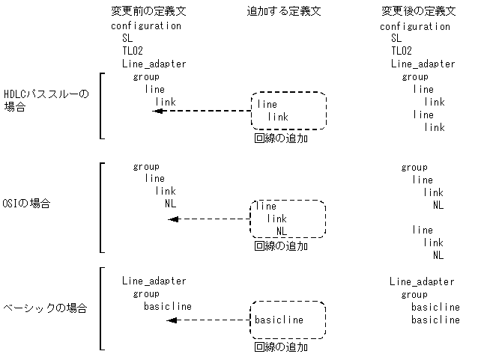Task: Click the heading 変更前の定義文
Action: click(143, 12)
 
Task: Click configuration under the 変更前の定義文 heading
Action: click(146, 25)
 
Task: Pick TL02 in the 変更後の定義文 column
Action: click(402, 51)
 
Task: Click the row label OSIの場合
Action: click(27, 204)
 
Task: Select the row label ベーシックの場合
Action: click(44, 308)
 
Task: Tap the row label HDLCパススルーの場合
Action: click(46, 100)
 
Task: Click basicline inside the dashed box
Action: click(279, 320)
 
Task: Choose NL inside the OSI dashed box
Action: click(282, 231)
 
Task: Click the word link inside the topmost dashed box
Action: click(278, 118)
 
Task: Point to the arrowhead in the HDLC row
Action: click(157, 111)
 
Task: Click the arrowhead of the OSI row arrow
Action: click(173, 219)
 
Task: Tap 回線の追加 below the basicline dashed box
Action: click(281, 347)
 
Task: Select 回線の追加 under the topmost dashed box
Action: click(281, 138)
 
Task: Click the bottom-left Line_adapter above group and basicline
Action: click(154, 281)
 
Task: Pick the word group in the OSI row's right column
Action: click(414, 168)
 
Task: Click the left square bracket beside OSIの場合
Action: click(101, 207)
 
